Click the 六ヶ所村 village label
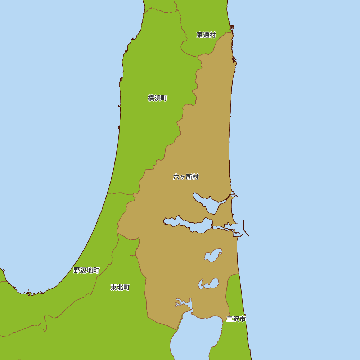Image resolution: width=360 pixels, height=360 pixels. [x=186, y=177]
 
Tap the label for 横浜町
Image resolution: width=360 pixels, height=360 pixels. [x=157, y=98]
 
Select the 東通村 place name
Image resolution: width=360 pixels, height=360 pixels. [x=206, y=35]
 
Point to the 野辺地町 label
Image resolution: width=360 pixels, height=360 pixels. [x=86, y=270]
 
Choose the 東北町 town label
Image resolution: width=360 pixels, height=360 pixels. [x=120, y=287]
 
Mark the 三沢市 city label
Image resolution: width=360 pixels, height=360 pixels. [x=236, y=319]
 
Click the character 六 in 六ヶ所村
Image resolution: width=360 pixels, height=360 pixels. [x=176, y=177]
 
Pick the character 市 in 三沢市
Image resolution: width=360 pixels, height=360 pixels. [x=243, y=319]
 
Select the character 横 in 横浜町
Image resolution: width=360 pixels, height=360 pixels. [x=151, y=98]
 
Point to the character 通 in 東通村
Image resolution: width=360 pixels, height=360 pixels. [x=206, y=35]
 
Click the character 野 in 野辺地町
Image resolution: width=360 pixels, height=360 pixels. [x=77, y=270]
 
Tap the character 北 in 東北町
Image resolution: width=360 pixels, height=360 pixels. [x=120, y=287]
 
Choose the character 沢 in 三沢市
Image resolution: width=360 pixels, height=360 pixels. [x=236, y=319]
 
